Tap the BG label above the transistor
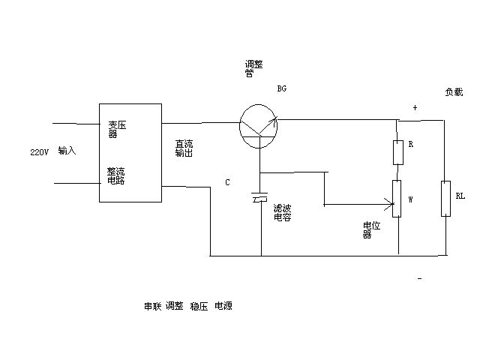point(282,88)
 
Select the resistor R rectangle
point(398,152)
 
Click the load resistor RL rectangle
point(445,198)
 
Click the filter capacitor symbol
point(260,199)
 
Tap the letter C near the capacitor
point(227,182)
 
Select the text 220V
point(40,151)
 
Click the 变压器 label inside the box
point(116,129)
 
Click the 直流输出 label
point(184,147)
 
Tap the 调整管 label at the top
point(253,70)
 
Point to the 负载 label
point(454,92)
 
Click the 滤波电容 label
point(282,212)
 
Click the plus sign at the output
point(414,108)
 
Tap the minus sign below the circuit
point(419,278)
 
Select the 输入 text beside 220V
point(67,151)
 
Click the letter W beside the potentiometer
point(411,199)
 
